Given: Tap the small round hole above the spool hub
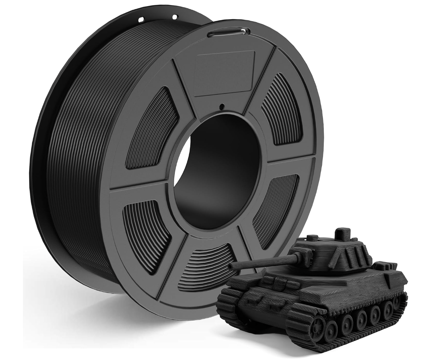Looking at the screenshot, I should [221, 105].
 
